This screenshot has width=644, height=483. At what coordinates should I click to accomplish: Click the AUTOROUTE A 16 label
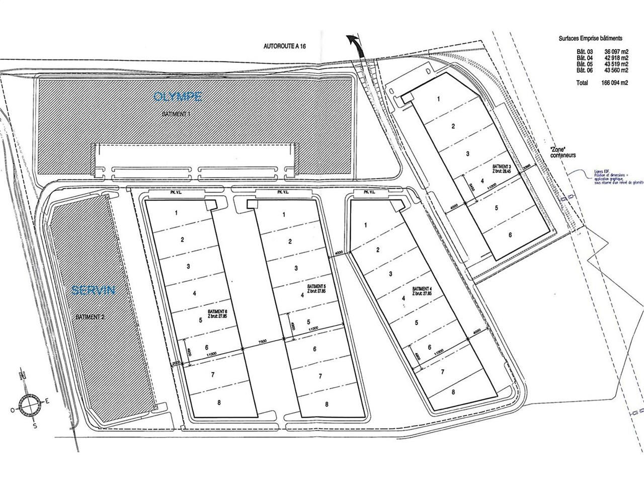pyautogui.click(x=285, y=46)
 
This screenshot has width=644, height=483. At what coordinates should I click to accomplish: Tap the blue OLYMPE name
pyautogui.click(x=178, y=96)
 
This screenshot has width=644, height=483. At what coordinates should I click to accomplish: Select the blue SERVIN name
pyautogui.click(x=94, y=290)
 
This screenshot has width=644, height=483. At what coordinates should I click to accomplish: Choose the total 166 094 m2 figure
pyautogui.click(x=610, y=83)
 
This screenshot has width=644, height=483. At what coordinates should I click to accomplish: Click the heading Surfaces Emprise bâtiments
pyautogui.click(x=590, y=38)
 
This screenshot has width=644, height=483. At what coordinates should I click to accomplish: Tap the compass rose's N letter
pyautogui.click(x=22, y=375)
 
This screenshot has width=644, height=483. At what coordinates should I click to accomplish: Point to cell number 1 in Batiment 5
pyautogui.click(x=284, y=214)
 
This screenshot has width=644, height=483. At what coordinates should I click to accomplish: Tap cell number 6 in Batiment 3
pyautogui.click(x=510, y=234)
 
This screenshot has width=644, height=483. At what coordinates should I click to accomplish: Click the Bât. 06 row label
pyautogui.click(x=585, y=70)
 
